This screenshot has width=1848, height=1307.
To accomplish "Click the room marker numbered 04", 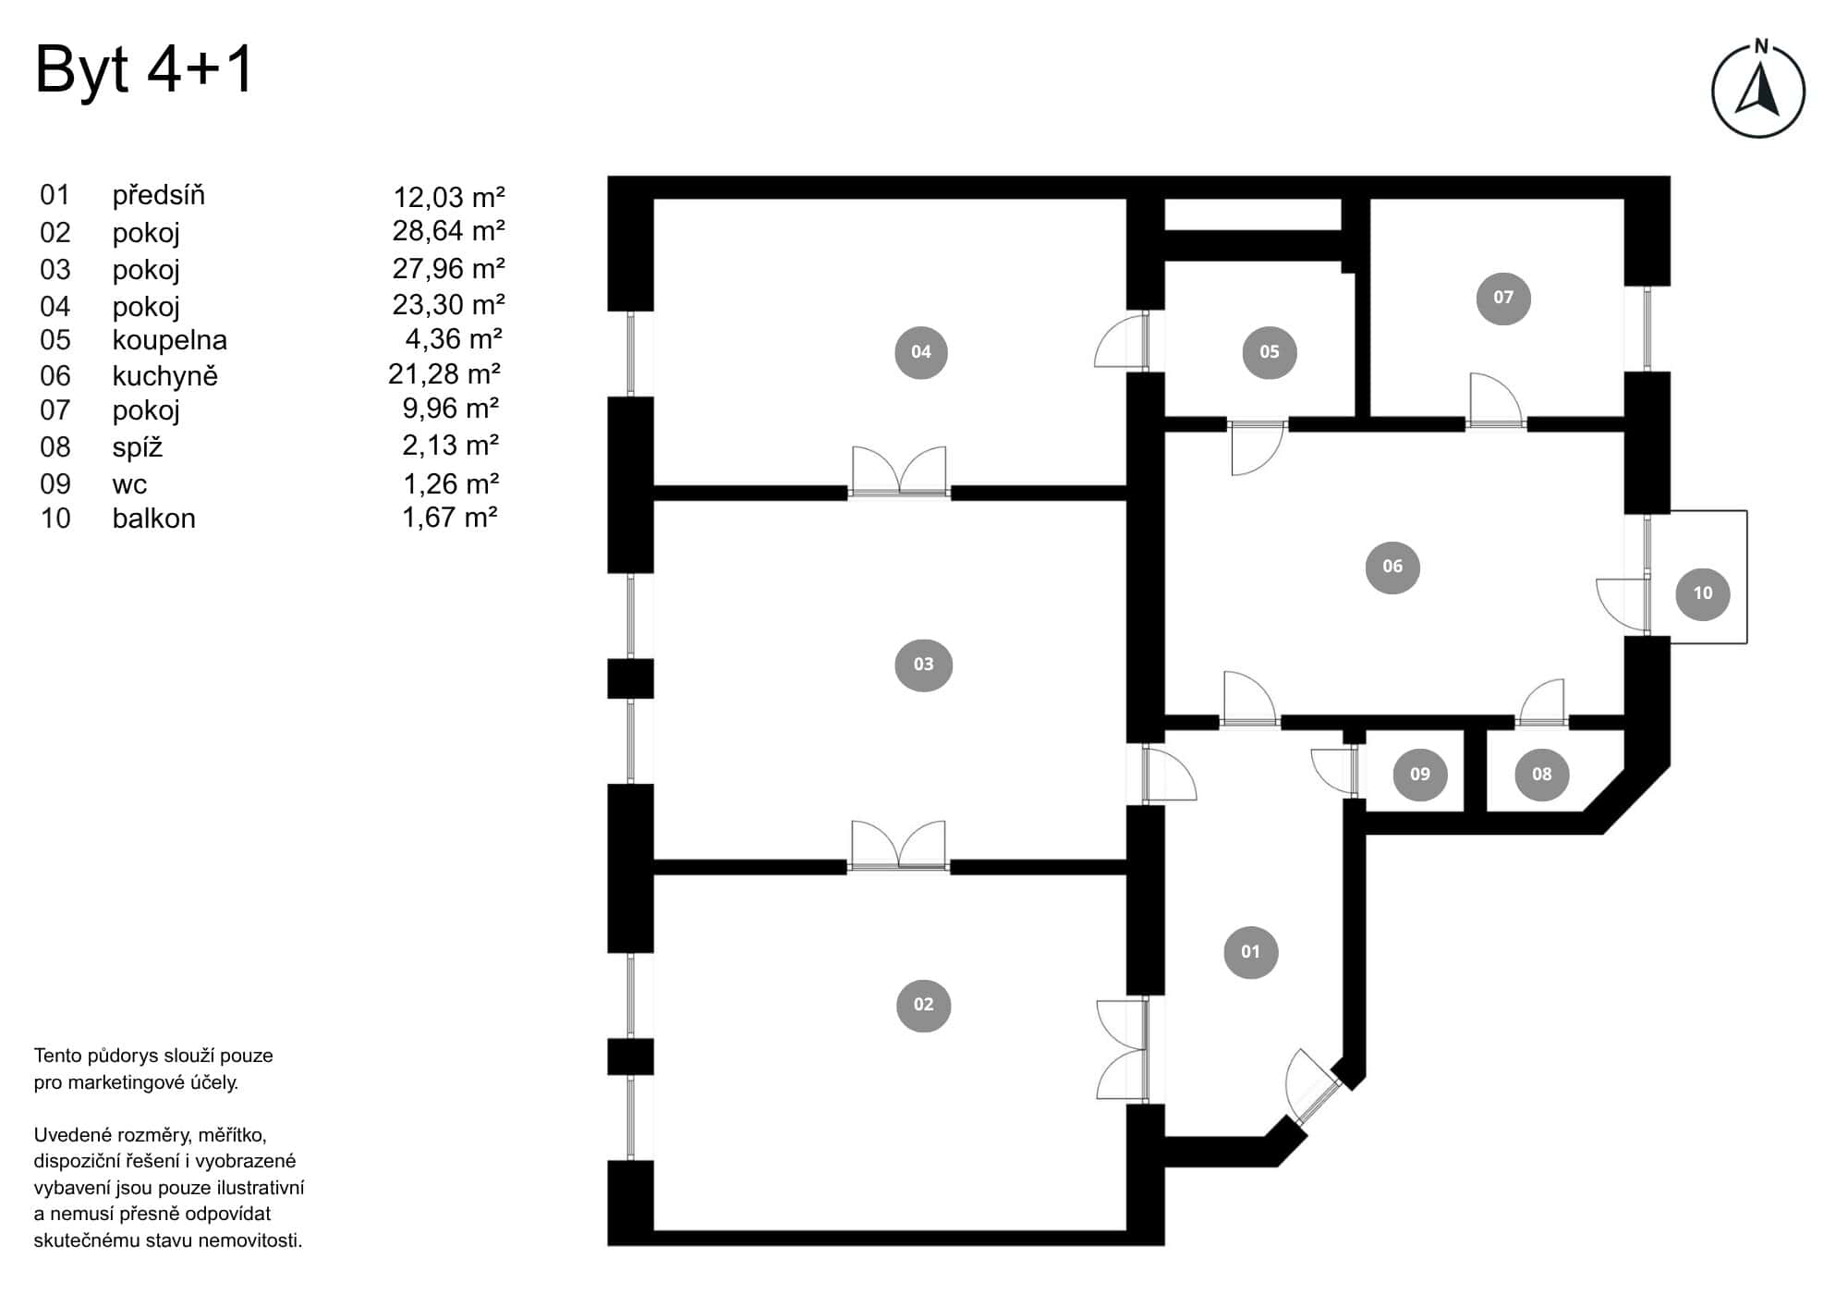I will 921,352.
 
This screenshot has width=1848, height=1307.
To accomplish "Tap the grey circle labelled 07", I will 1503,298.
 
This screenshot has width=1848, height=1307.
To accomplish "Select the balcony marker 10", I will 1702,593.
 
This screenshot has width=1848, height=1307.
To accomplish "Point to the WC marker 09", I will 1419,774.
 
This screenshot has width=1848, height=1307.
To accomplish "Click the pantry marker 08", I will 1541,774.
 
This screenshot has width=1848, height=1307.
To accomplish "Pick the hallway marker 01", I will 1250,951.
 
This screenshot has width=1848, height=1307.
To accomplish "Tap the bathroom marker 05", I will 1269,352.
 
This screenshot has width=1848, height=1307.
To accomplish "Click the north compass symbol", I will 1757,91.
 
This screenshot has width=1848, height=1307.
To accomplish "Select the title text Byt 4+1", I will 144,69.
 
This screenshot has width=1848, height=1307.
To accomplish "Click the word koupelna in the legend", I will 170,340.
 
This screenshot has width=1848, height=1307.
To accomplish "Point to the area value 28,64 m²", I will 448,231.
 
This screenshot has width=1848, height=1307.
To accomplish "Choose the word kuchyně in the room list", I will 165,376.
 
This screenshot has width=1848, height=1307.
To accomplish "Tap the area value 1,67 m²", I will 450,518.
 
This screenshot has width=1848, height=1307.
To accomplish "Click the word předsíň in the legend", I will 159,196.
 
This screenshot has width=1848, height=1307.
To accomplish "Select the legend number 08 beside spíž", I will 55,447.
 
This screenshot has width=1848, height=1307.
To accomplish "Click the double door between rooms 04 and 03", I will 899,473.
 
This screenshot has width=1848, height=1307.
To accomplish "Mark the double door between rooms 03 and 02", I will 898,847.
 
